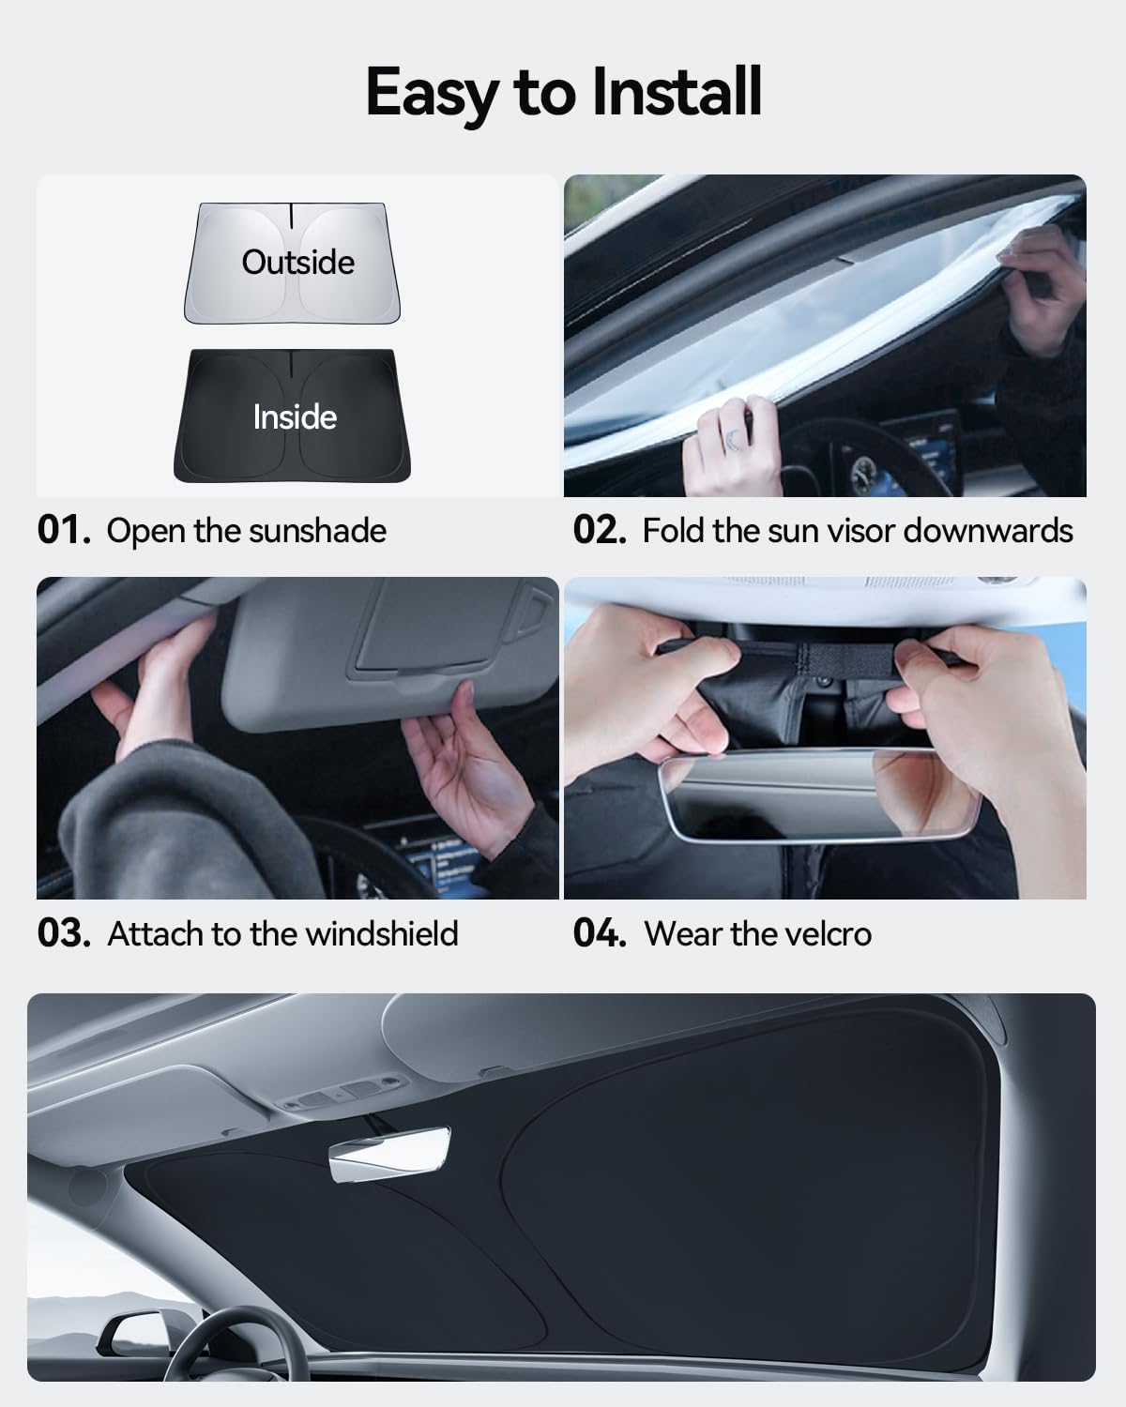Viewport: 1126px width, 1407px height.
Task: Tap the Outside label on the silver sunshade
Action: [x=297, y=263]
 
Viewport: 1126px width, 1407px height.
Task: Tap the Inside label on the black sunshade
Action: [x=295, y=417]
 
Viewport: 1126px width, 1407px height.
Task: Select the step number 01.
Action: [x=63, y=530]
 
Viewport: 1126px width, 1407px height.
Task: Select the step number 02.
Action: [x=600, y=530]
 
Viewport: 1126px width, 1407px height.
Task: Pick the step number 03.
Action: [x=64, y=933]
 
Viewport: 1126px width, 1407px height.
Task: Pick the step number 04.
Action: [x=600, y=933]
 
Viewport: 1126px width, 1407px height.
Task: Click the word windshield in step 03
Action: [x=382, y=933]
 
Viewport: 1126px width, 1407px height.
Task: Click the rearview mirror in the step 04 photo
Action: [x=819, y=794]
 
